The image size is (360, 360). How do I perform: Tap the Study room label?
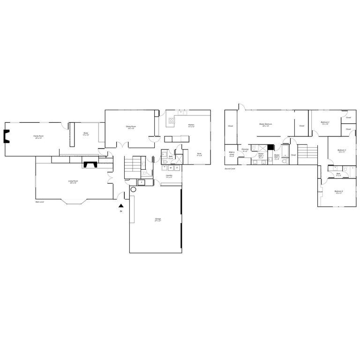[x=86, y=134]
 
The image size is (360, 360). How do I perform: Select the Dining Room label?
[x=130, y=127]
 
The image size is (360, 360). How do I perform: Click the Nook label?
[x=199, y=154]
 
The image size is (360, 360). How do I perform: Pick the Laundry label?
[x=169, y=176]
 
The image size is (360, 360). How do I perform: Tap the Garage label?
[x=158, y=219]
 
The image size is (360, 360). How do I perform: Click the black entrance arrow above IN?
[x=121, y=205]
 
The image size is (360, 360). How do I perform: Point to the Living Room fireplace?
[x=90, y=165]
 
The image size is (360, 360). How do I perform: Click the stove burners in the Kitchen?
[x=171, y=120]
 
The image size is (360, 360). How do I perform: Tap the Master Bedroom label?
[x=266, y=125]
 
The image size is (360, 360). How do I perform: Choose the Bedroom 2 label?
[x=325, y=123]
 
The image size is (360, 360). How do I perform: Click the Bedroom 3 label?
[x=341, y=151]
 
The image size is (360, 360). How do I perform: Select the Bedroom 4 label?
[x=339, y=192]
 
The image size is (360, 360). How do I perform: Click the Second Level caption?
[x=229, y=168]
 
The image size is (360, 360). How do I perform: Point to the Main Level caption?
[x=40, y=202]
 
